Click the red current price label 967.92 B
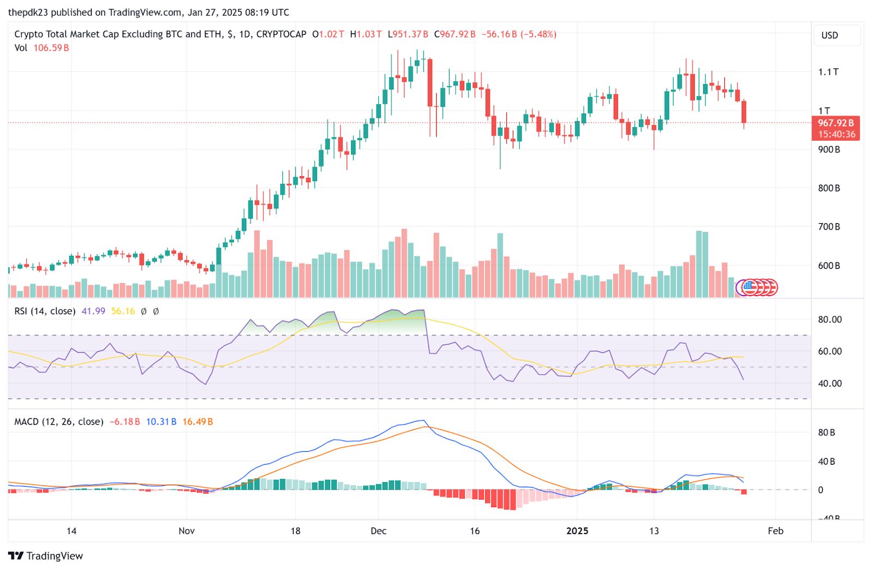[x=835, y=123]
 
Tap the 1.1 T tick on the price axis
[x=828, y=72]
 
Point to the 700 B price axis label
[x=828, y=226]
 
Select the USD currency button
[x=829, y=35]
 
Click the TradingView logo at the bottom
[x=46, y=556]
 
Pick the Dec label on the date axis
[x=378, y=531]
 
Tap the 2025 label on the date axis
[x=577, y=531]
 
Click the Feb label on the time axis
[x=775, y=531]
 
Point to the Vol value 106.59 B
[x=51, y=48]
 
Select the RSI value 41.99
[x=93, y=311]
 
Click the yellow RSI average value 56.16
[x=123, y=311]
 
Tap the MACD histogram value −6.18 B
[x=124, y=422]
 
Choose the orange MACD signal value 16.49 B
[x=197, y=422]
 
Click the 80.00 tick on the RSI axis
[x=829, y=320]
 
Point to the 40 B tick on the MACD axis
[x=826, y=461]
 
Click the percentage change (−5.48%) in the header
[x=538, y=34]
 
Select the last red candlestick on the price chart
[x=744, y=112]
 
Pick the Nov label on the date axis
[x=186, y=531]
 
